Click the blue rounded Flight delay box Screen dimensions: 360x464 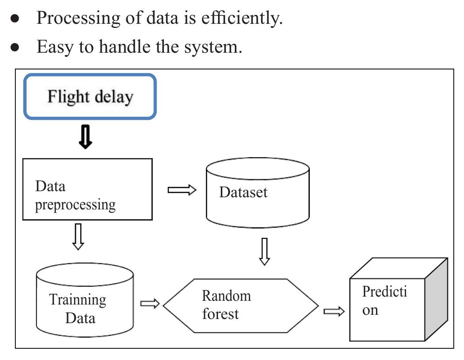[x=90, y=97]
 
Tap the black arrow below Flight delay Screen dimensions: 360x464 [x=85, y=137]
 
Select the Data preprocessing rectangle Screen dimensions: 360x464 [x=88, y=189]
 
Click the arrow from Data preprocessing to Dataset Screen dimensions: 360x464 [x=182, y=190]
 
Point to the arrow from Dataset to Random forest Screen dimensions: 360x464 [x=264, y=251]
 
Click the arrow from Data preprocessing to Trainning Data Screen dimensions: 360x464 [x=78, y=236]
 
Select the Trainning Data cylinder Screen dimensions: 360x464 [x=84, y=301]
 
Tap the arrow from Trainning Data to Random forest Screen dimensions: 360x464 [x=150, y=304]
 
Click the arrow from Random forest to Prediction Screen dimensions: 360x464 [x=334, y=311]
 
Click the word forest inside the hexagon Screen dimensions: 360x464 [x=220, y=314]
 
